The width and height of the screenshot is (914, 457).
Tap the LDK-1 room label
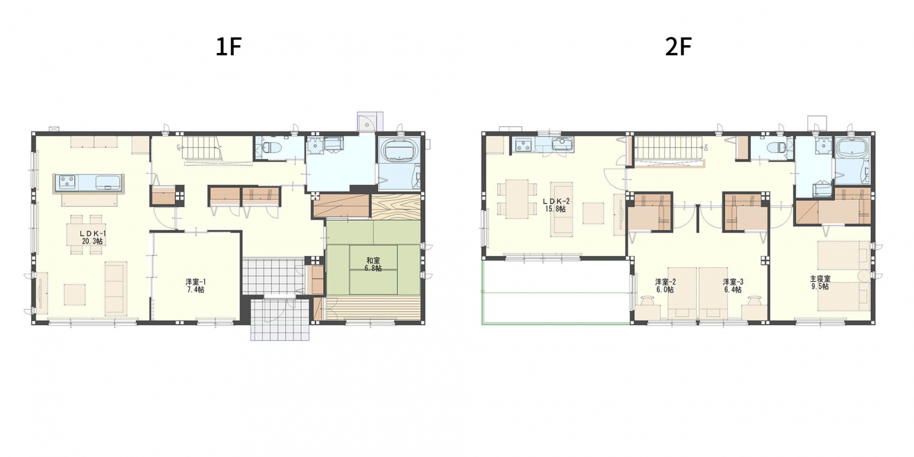(x=93, y=233)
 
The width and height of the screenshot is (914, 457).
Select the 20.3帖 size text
(x=93, y=241)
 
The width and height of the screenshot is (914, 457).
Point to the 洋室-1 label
(x=196, y=282)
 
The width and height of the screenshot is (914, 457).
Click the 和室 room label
(x=373, y=260)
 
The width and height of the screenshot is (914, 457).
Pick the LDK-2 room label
(x=556, y=201)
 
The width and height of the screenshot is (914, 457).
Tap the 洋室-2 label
(x=665, y=282)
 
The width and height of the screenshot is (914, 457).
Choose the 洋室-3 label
(x=733, y=282)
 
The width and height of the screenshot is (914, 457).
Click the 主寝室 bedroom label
(x=820, y=279)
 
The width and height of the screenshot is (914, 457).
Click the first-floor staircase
(x=201, y=148)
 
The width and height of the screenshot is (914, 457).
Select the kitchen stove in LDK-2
(x=522, y=144)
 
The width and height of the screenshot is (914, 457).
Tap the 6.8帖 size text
(x=373, y=268)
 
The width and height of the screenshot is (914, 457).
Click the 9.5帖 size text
(x=820, y=287)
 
